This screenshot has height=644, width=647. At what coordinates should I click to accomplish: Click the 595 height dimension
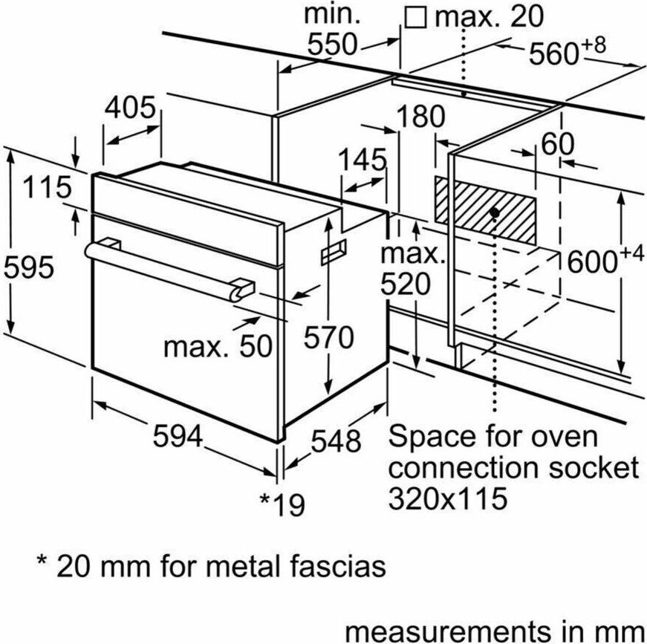(28, 267)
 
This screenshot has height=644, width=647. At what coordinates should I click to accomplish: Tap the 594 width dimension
(178, 436)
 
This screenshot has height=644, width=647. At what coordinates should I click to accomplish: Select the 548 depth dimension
(336, 441)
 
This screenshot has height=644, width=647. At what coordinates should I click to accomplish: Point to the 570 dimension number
(329, 337)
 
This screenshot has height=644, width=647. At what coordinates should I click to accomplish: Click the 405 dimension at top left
(130, 108)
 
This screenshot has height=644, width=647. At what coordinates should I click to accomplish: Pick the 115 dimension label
(47, 187)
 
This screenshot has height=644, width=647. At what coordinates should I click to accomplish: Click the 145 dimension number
(362, 160)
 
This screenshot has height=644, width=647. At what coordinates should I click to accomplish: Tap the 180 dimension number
(421, 117)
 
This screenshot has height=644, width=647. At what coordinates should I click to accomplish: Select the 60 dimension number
(557, 144)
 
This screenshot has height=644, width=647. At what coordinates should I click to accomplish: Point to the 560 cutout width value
(553, 53)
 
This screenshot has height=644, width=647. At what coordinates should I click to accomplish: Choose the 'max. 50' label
(218, 346)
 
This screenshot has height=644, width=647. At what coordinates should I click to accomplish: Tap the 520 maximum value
(405, 284)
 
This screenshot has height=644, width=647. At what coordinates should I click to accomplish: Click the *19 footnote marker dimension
(282, 504)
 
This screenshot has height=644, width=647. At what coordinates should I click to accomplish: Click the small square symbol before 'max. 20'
(415, 18)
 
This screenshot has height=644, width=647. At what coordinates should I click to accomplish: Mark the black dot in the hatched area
(495, 213)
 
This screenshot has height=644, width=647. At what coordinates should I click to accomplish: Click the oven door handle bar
(169, 269)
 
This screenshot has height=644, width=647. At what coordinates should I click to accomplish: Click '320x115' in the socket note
(448, 498)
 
